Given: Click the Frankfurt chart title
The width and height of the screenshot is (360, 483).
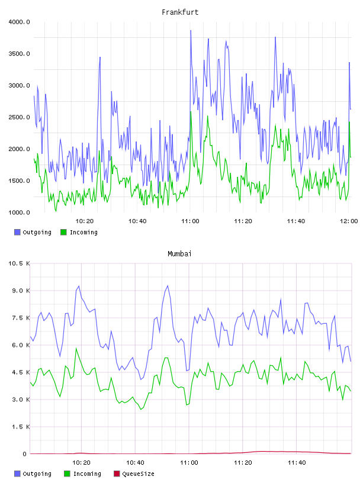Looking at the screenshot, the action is coord(180,12).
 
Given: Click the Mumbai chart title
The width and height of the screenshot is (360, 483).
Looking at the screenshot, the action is coord(179,254).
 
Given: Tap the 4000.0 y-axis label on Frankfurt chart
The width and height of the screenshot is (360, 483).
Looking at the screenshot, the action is coord(19,22).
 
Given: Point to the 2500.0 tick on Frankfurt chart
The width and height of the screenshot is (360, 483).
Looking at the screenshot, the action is coord(19,117).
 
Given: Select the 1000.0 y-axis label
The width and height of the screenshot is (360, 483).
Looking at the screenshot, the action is coord(19,212).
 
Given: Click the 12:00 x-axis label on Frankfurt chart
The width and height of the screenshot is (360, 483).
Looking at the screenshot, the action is coord(349,221).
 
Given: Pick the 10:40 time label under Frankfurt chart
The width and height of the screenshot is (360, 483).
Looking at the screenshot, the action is coord(137,221).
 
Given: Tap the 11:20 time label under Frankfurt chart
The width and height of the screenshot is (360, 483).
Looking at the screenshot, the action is coord(243,221).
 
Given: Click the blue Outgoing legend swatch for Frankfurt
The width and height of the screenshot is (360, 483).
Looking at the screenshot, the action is coord(17,232).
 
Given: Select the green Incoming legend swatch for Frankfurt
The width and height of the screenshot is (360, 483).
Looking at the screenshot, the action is coord(63,232).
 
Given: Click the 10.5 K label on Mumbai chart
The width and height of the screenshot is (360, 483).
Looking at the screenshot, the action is coord(19,263).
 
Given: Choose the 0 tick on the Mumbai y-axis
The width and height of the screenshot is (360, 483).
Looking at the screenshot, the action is coord(24,454).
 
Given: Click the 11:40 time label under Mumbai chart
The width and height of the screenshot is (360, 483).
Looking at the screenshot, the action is coord(297,463).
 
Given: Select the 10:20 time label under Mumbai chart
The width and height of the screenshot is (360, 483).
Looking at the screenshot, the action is coord(81,463).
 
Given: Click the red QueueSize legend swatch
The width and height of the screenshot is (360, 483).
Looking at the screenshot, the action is coord(117,474).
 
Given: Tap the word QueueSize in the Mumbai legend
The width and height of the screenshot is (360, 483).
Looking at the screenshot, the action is coord(138,474).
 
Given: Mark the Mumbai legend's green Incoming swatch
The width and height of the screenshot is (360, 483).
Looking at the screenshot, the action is coord(67,474).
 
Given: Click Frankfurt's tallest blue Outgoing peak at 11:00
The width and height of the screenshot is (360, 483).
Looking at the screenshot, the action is coord(191,31).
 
